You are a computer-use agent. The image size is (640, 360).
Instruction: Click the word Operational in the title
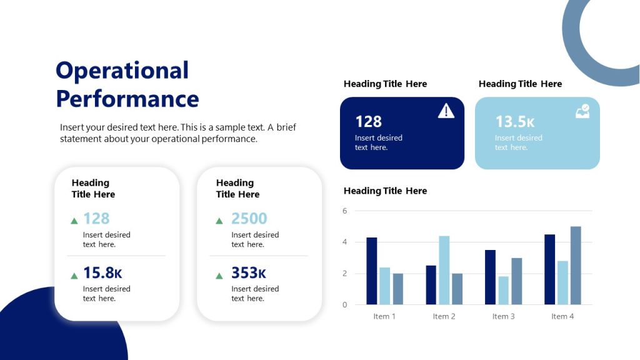(x=122, y=71)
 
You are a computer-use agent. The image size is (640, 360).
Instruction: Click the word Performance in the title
(x=127, y=99)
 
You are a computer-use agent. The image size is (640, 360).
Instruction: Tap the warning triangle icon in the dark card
(x=446, y=111)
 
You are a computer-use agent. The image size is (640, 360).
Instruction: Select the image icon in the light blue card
(x=582, y=112)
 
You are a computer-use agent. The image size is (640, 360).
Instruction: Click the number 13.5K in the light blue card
(x=514, y=121)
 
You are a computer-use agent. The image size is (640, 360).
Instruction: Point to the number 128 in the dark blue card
(x=368, y=121)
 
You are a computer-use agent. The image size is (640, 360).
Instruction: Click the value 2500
(x=249, y=219)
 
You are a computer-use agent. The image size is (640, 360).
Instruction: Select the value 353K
(x=249, y=273)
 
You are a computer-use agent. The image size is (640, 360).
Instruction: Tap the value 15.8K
(x=102, y=273)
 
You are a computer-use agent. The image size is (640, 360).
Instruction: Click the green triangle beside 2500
(x=219, y=221)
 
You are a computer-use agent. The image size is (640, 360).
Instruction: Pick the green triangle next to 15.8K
(x=74, y=276)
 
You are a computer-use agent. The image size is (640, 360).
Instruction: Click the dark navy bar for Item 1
(x=371, y=271)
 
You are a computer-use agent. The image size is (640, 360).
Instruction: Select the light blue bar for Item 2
(x=444, y=270)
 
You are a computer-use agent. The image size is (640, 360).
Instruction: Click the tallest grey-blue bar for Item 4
(x=576, y=266)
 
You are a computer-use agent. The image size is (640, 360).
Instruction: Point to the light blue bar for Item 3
(x=504, y=291)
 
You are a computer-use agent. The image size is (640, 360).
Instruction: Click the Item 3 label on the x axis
(x=503, y=316)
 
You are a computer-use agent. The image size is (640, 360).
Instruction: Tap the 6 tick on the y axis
(x=344, y=211)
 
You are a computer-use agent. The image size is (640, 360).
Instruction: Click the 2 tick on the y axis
(x=344, y=274)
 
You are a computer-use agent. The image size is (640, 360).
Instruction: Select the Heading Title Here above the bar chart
(x=385, y=191)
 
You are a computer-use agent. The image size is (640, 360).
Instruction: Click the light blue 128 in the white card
(x=96, y=219)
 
